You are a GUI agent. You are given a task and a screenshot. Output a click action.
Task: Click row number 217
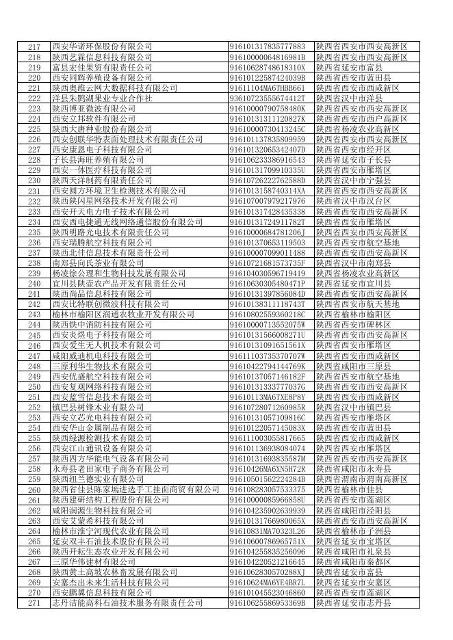[34, 46]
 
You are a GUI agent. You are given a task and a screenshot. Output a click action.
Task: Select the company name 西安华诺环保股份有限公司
[102, 46]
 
